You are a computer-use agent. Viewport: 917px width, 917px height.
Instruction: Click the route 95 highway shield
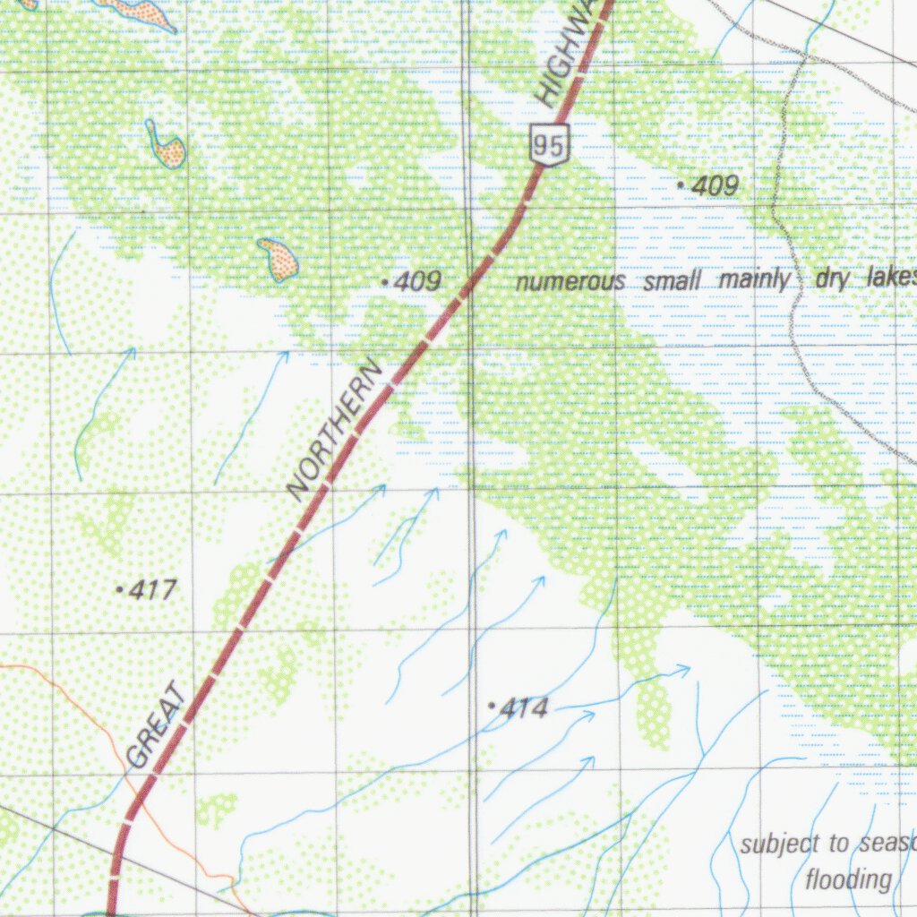(x=549, y=144)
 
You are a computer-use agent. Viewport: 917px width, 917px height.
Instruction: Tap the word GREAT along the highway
(x=159, y=725)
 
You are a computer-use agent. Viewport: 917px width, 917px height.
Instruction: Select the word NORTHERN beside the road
(x=334, y=430)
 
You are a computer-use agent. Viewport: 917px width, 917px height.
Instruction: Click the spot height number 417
(x=153, y=590)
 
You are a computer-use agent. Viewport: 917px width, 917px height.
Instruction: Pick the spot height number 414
(x=524, y=708)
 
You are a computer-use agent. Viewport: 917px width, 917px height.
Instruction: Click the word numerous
(x=570, y=281)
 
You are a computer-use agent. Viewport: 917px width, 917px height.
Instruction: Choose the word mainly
(x=752, y=280)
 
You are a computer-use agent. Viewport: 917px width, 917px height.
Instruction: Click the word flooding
(x=848, y=880)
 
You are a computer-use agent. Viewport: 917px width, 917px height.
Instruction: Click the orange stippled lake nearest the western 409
(x=279, y=259)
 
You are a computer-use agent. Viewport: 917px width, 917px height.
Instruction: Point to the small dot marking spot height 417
(x=120, y=589)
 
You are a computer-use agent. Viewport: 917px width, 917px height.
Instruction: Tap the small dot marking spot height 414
(x=491, y=707)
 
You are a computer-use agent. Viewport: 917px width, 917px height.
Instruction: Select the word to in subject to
(x=839, y=844)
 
